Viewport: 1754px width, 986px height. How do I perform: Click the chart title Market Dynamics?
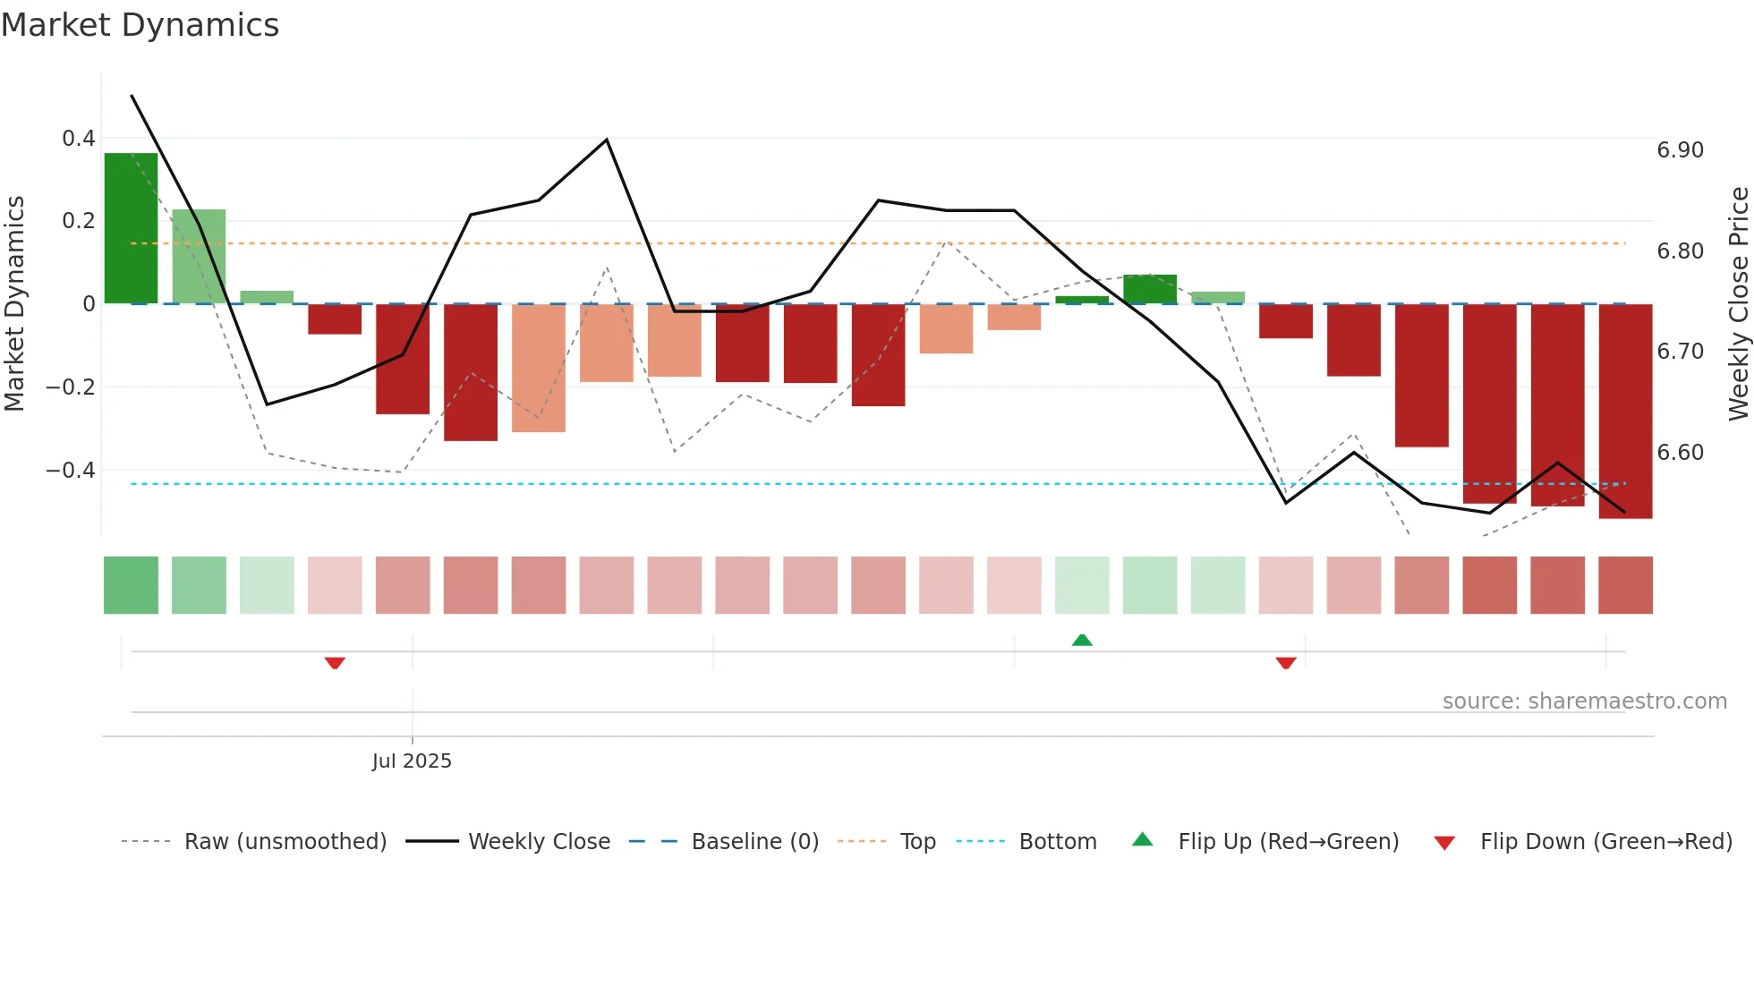click(140, 25)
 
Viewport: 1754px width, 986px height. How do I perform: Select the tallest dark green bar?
click(131, 228)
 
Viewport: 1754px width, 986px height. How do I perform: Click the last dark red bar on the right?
click(1625, 411)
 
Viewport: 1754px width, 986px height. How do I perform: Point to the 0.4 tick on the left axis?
click(78, 139)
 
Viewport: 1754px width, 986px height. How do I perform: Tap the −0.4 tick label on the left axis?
click(71, 470)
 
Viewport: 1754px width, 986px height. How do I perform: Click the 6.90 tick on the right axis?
click(1680, 150)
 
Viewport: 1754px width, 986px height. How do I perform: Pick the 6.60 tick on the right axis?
click(1680, 453)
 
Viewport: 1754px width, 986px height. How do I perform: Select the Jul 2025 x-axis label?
click(412, 761)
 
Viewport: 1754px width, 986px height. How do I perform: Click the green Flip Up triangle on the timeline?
click(1082, 640)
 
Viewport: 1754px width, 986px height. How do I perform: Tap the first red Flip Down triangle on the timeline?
click(335, 663)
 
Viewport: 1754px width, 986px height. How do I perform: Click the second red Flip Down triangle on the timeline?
click(1286, 663)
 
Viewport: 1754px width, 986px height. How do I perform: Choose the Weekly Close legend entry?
click(539, 842)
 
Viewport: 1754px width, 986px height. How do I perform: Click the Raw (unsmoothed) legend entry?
click(285, 842)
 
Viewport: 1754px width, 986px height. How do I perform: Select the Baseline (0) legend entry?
click(754, 842)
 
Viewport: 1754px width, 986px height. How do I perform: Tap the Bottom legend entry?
click(1057, 842)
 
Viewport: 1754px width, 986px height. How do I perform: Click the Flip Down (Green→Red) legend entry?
click(1605, 842)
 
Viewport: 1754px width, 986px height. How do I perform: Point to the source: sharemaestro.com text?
click(1584, 701)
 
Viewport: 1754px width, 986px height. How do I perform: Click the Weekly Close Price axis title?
click(1738, 303)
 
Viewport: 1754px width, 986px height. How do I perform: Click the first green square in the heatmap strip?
click(131, 585)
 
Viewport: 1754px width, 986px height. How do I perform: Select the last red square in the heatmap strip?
click(1625, 585)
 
